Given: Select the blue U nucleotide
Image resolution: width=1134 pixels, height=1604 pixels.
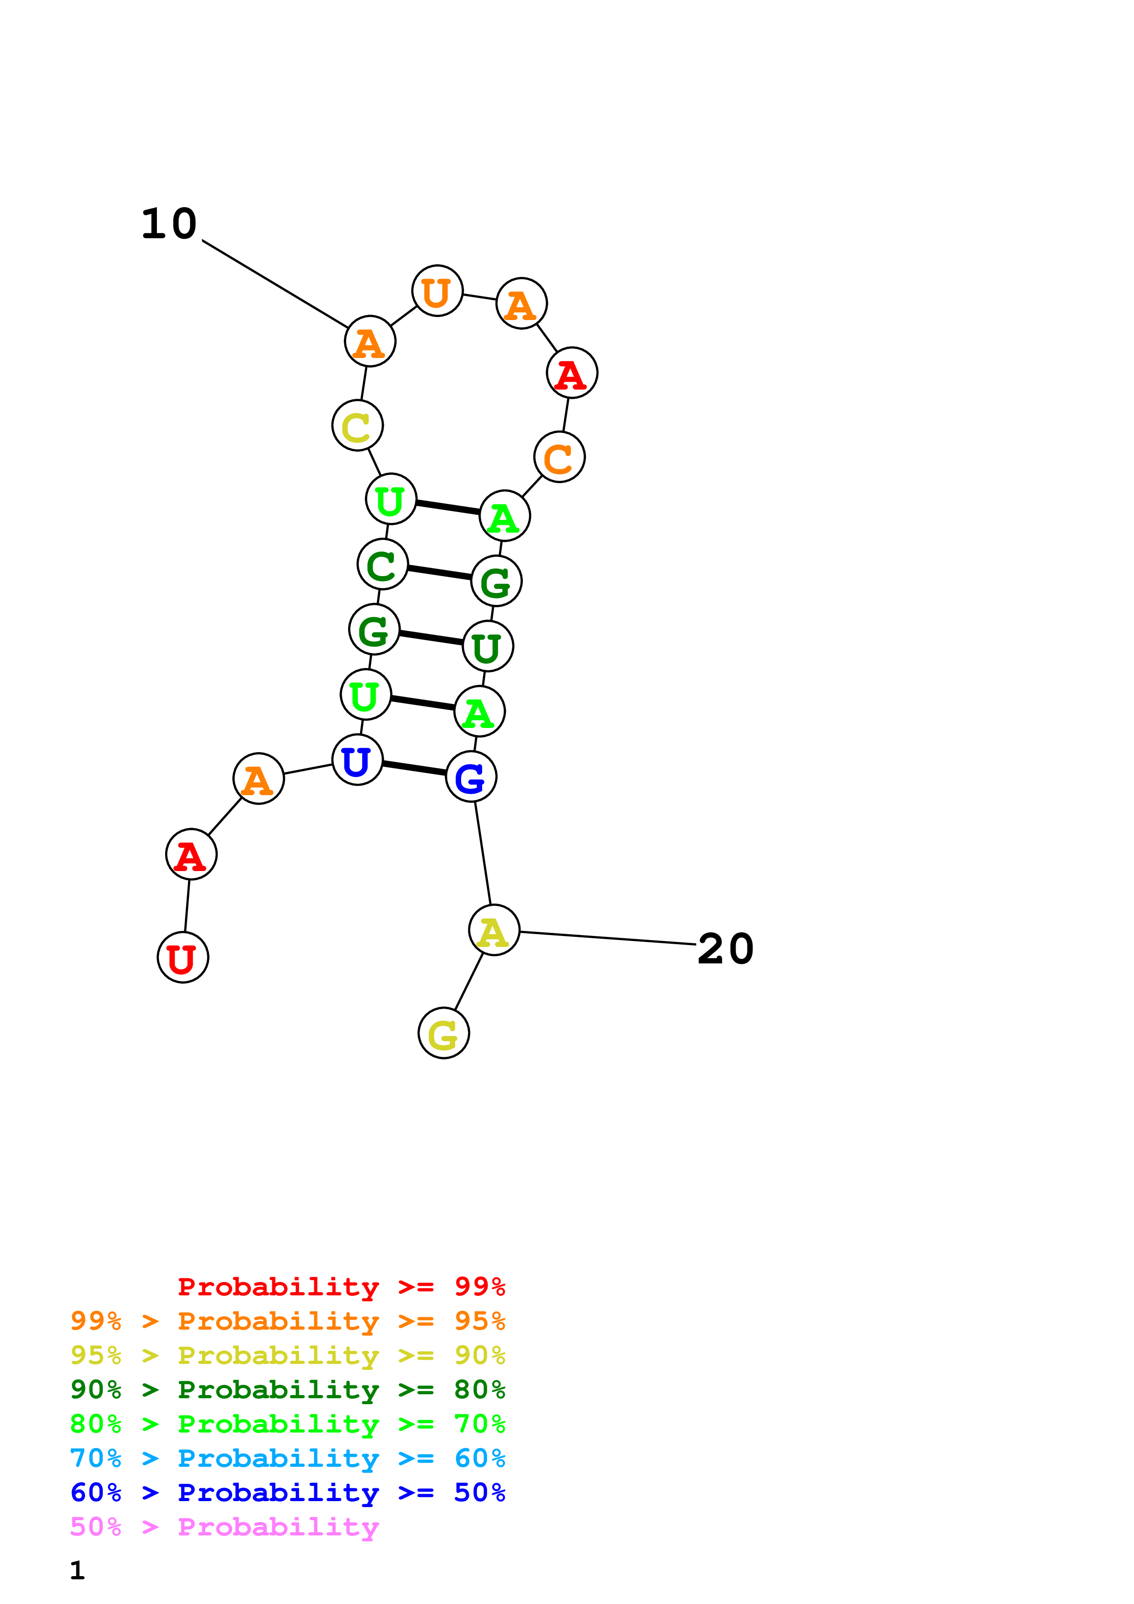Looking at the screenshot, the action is click(x=357, y=760).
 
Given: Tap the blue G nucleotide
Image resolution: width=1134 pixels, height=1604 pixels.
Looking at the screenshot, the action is click(x=471, y=777).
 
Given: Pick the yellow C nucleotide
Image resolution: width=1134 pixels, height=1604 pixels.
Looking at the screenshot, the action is click(x=357, y=425).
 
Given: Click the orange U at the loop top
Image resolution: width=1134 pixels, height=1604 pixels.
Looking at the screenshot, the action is click(x=437, y=291).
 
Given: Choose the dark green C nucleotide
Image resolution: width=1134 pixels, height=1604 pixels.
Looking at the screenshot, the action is click(x=382, y=565).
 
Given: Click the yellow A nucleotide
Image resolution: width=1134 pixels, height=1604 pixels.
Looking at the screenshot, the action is click(x=494, y=930).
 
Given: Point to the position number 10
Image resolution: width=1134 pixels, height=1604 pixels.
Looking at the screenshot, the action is click(x=169, y=224).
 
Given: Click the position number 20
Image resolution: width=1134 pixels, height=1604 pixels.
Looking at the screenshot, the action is click(x=725, y=949).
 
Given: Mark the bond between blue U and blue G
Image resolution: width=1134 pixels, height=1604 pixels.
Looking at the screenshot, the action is click(x=414, y=769).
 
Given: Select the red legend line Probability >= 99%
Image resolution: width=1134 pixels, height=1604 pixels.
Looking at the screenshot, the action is click(x=341, y=1286).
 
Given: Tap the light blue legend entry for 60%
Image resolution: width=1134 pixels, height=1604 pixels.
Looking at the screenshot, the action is click(x=288, y=1459).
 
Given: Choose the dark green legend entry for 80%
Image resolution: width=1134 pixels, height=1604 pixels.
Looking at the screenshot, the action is click(x=288, y=1390).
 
